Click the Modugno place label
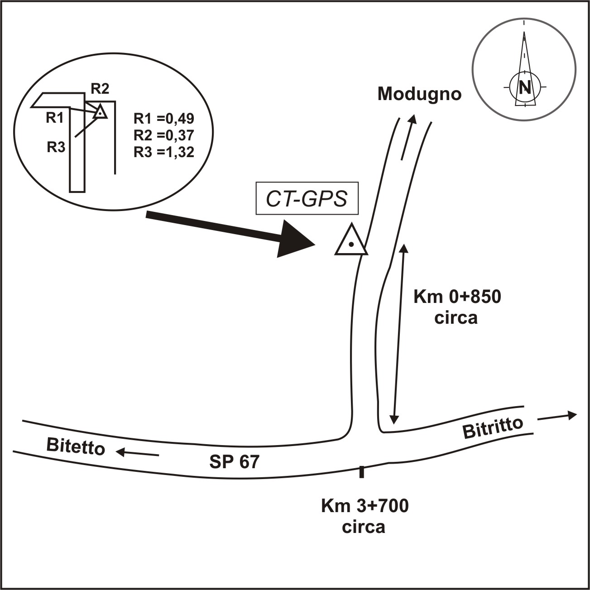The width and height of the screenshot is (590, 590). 419,94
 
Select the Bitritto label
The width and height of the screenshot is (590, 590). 493,427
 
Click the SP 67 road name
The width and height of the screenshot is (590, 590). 235,461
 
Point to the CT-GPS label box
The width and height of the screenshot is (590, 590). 307,198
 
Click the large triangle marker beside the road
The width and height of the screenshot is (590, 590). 351,241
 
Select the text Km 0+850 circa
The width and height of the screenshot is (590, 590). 457,307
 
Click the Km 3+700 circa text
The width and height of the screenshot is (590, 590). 365,516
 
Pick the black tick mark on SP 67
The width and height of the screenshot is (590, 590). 361,471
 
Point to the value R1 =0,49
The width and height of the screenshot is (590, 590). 164,119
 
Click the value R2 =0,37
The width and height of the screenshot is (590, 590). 164,135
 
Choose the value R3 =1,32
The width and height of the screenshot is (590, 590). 164,152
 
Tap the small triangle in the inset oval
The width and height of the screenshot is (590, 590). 100,111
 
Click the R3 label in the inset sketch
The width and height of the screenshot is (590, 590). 56,147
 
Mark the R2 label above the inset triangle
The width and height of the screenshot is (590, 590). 100,88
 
